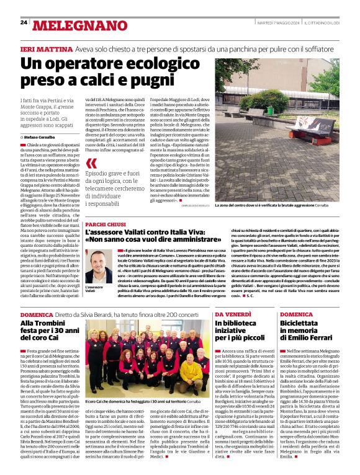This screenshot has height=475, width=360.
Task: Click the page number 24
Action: pos(24,22)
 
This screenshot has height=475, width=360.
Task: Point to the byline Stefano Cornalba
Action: pos(41,136)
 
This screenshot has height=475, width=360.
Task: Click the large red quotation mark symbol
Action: pos(92,164)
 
